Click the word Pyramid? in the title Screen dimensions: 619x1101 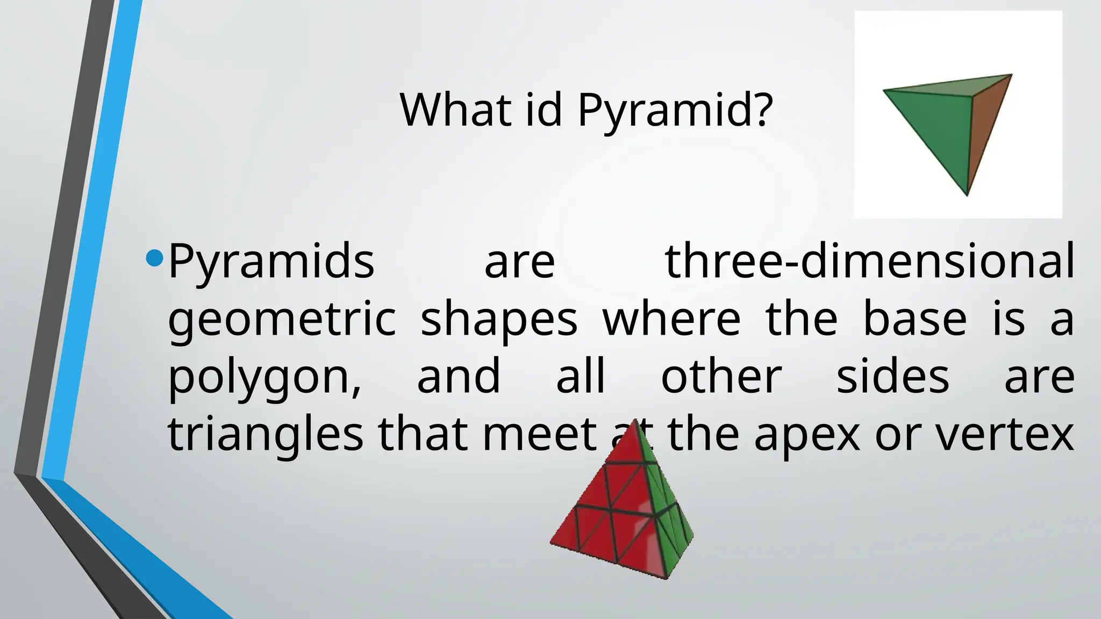pos(675,110)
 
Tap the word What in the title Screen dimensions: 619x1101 pos(455,110)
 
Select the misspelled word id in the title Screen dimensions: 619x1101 pos(543,110)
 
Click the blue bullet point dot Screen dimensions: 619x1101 pos(154,258)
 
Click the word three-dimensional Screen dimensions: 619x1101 pos(869,262)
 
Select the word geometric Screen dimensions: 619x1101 pos(282,319)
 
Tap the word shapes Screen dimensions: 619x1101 pos(498,319)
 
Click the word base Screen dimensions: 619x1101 pos(914,319)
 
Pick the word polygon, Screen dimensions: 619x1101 pos(264,377)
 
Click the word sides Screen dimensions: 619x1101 pos(893,377)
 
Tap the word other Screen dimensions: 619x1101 pos(721,377)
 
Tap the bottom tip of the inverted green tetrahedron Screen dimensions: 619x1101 pos(967,195)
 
